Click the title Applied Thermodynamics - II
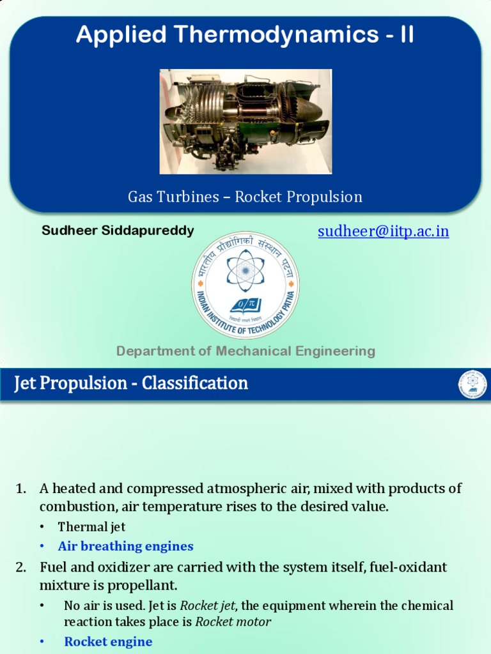pos(245,35)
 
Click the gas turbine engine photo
pos(245,121)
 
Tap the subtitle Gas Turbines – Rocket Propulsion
pos(245,197)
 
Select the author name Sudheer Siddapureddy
pos(118,231)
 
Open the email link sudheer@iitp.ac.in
pos(384,231)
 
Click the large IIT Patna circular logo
pos(245,285)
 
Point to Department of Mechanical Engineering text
pos(245,351)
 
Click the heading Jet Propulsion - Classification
pos(131,384)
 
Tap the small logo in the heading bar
pos(472,384)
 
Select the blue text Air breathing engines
pos(125,546)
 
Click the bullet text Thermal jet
pos(91,527)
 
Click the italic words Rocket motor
pos(233,621)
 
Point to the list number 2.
pos(20,567)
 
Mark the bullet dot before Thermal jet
pos(42,527)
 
